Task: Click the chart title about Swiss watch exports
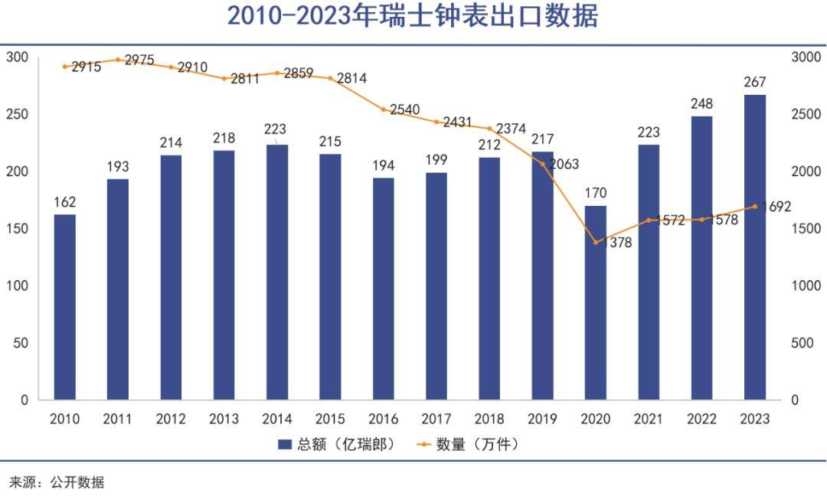[413, 16]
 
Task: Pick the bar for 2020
[596, 302]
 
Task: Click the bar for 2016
[384, 289]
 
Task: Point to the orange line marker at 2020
[596, 243]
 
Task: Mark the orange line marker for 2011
[118, 60]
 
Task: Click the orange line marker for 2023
[755, 206]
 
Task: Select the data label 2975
[139, 60]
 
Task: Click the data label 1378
[616, 243]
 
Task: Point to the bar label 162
[65, 202]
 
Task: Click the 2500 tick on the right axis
[806, 115]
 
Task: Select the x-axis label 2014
[277, 419]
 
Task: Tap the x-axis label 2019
[543, 419]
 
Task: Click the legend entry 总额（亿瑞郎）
[337, 444]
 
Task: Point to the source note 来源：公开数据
[57, 483]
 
